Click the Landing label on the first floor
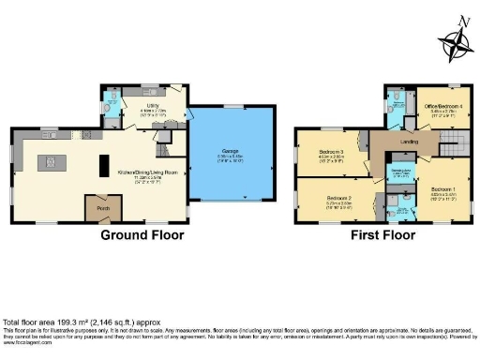(409, 142)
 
